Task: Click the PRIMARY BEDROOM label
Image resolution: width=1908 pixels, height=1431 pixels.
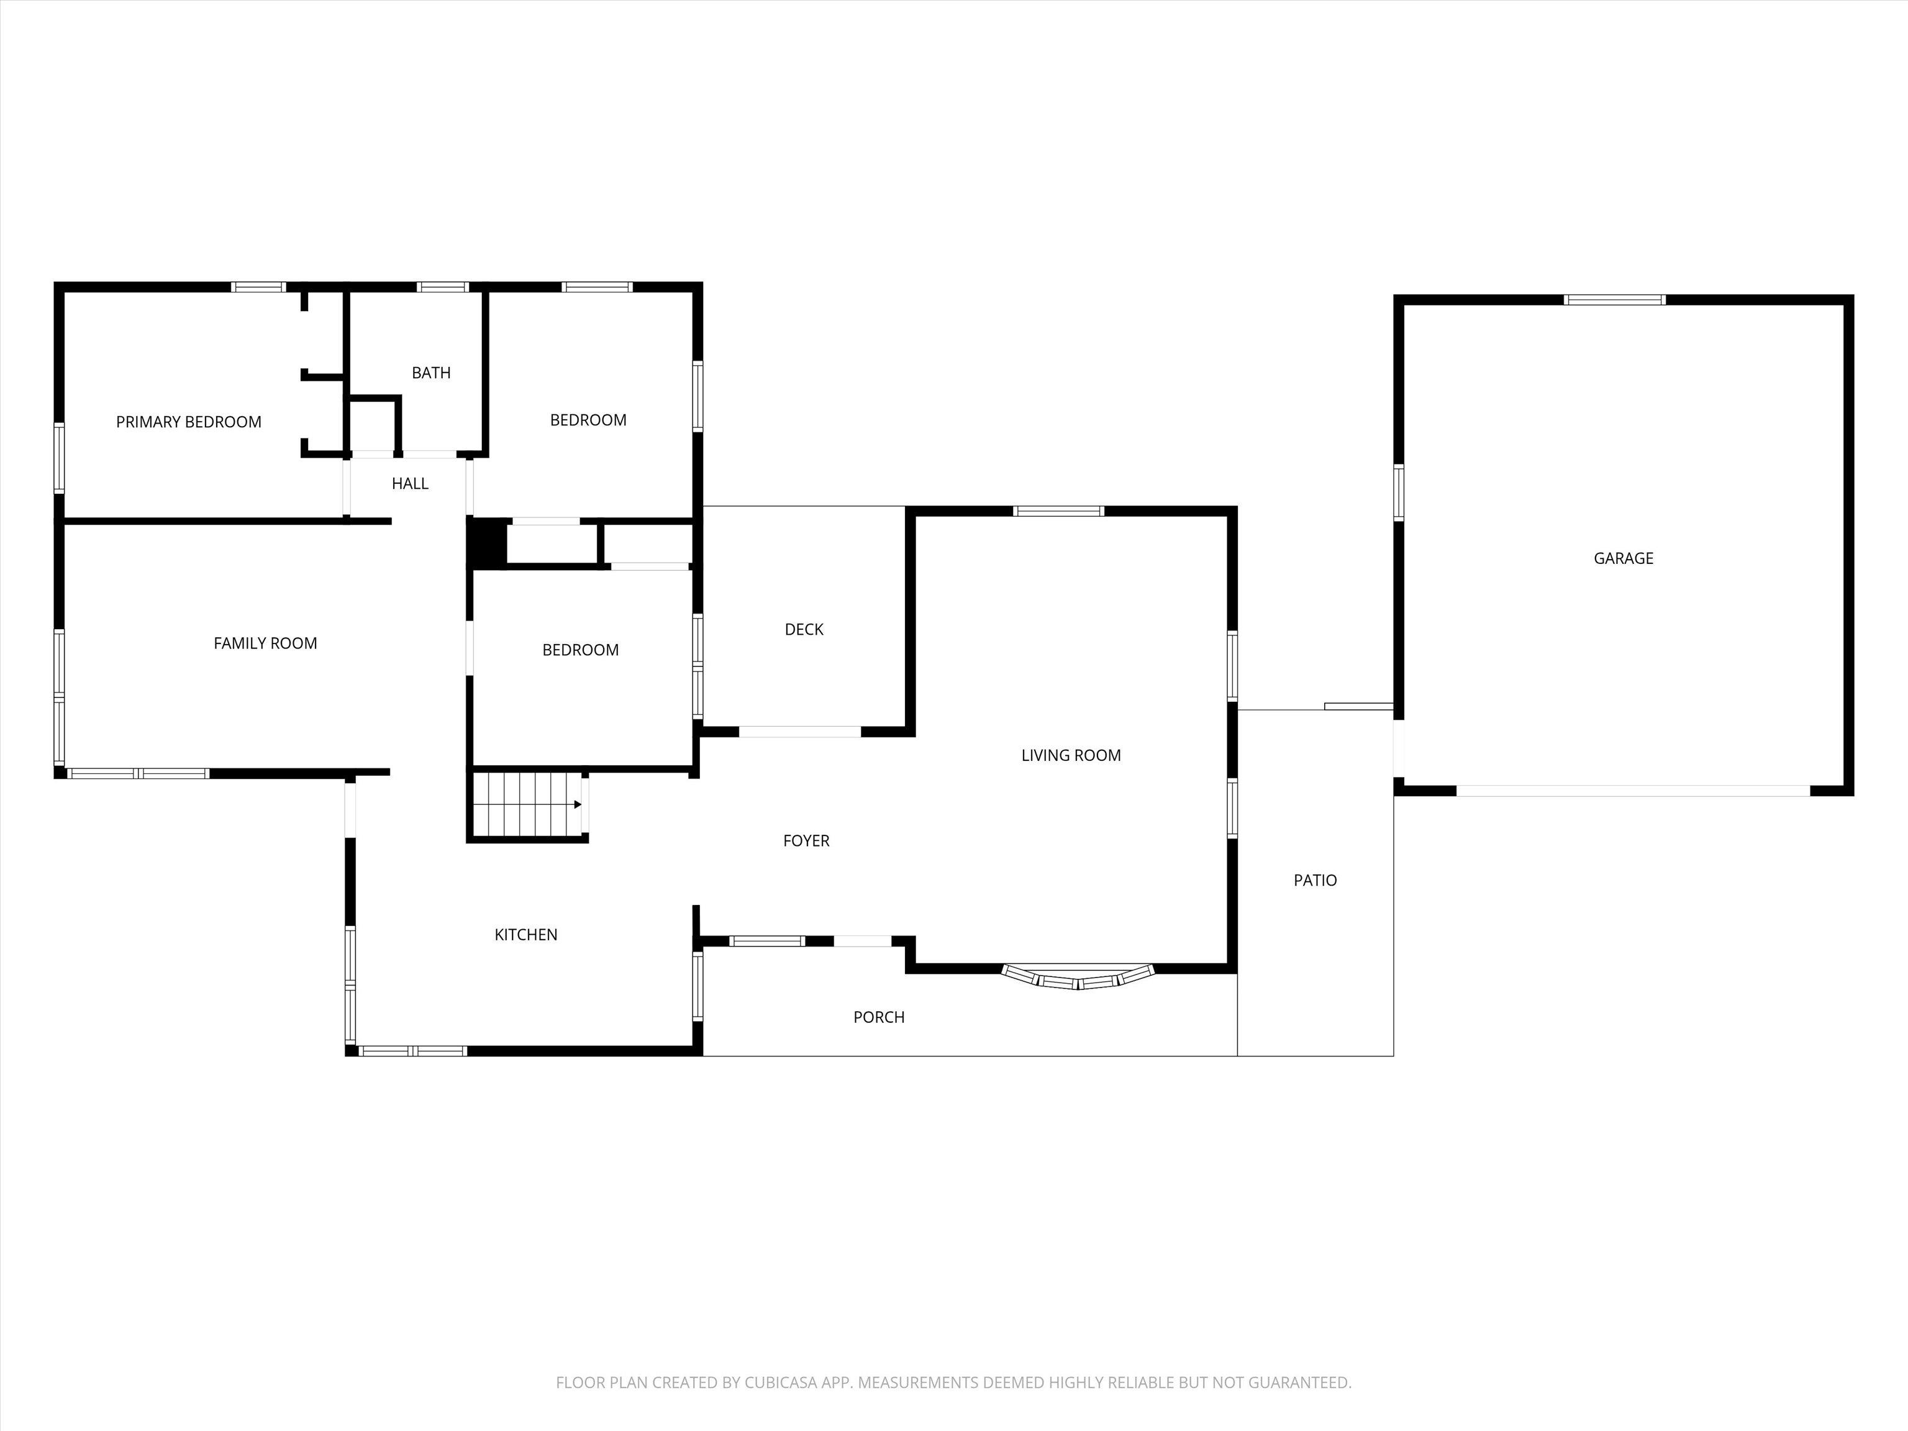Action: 189,422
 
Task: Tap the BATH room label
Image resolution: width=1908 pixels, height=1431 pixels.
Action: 431,373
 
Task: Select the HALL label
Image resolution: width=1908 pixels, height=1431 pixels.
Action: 410,483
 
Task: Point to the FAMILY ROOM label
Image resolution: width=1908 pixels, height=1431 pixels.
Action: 266,643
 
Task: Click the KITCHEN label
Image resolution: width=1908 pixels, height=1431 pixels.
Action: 526,934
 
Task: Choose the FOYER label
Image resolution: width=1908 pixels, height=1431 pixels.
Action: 807,840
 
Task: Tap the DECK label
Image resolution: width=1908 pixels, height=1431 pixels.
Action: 804,629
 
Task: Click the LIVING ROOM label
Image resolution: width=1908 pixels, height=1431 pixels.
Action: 1071,755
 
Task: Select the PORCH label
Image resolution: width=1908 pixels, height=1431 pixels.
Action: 879,1017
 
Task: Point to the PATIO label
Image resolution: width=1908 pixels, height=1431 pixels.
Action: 1315,880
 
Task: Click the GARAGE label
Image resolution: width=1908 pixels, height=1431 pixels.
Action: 1624,558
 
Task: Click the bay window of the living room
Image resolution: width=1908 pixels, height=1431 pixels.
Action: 1078,977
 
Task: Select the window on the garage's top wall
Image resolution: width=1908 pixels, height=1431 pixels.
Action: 1615,300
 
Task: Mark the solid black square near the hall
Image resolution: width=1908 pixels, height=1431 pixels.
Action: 486,543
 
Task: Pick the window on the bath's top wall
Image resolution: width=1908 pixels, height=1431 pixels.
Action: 442,287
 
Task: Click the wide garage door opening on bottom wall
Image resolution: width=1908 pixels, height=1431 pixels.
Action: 1633,790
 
